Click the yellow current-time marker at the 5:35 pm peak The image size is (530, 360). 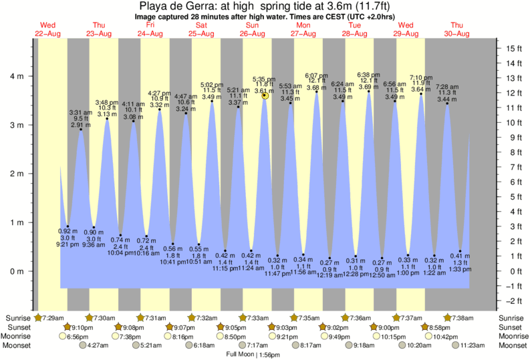(265, 96)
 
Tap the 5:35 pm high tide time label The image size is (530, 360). (265, 79)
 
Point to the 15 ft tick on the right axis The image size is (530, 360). (513, 48)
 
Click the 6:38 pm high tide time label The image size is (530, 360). (369, 74)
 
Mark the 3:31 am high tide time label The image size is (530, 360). (81, 112)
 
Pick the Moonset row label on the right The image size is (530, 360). (513, 346)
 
